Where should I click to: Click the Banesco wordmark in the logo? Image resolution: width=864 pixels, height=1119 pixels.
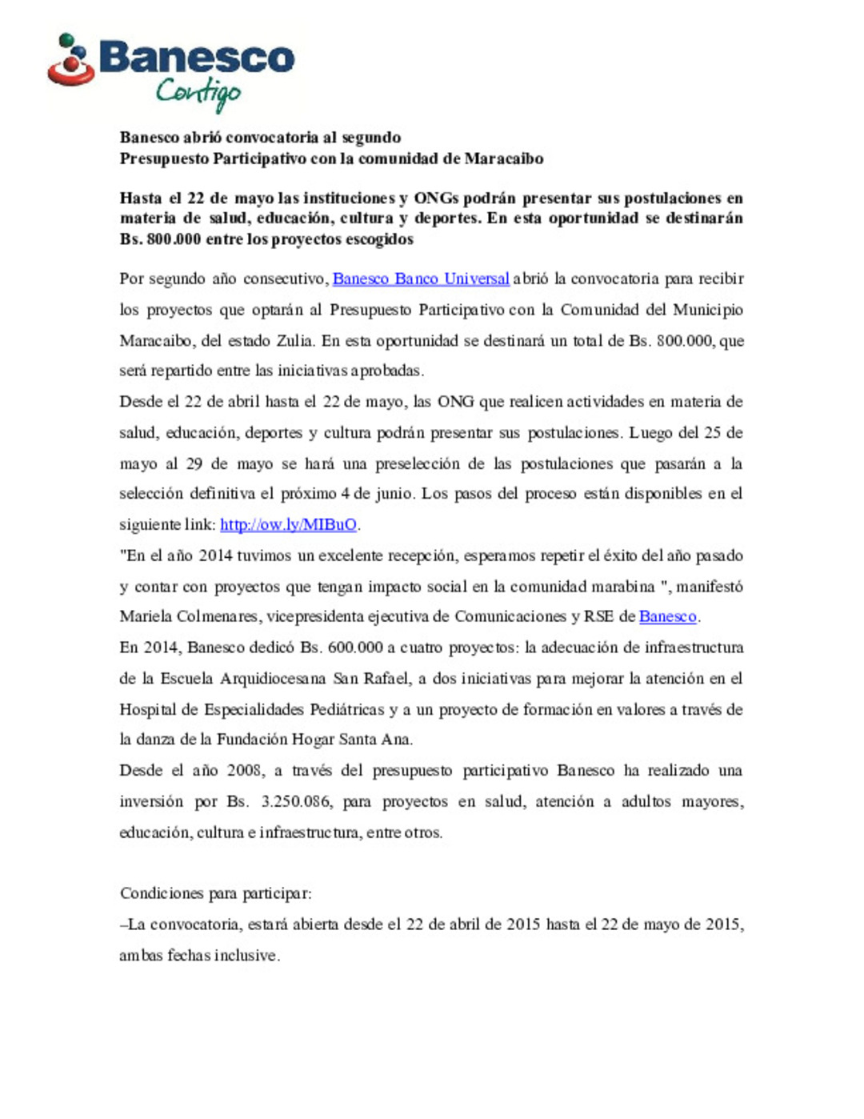coord(197,58)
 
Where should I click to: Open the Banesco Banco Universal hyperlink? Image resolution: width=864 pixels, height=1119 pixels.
coord(421,279)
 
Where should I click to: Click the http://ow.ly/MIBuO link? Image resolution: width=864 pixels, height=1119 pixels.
coord(288,524)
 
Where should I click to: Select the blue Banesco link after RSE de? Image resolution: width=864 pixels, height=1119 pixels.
coord(667,616)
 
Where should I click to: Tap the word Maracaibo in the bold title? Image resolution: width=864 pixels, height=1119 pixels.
coord(503,158)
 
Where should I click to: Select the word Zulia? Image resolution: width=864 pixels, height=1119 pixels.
coord(294,340)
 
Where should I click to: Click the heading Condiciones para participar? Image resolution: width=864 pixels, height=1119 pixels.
coord(215,893)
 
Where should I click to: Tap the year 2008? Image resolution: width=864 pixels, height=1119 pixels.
coord(245,770)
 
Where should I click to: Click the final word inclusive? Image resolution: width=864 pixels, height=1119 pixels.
coord(246,955)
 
